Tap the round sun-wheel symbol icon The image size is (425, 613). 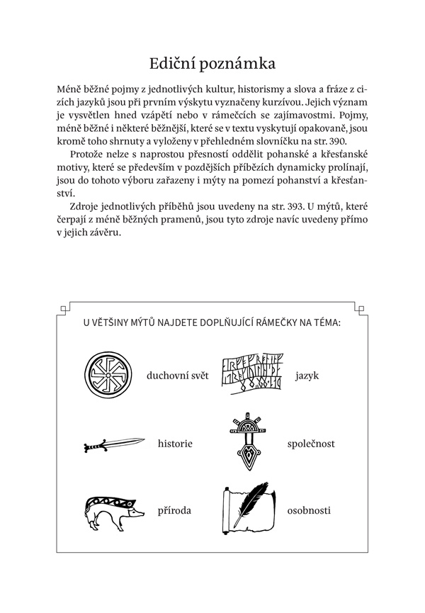110,375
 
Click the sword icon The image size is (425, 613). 110,445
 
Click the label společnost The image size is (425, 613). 312,444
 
